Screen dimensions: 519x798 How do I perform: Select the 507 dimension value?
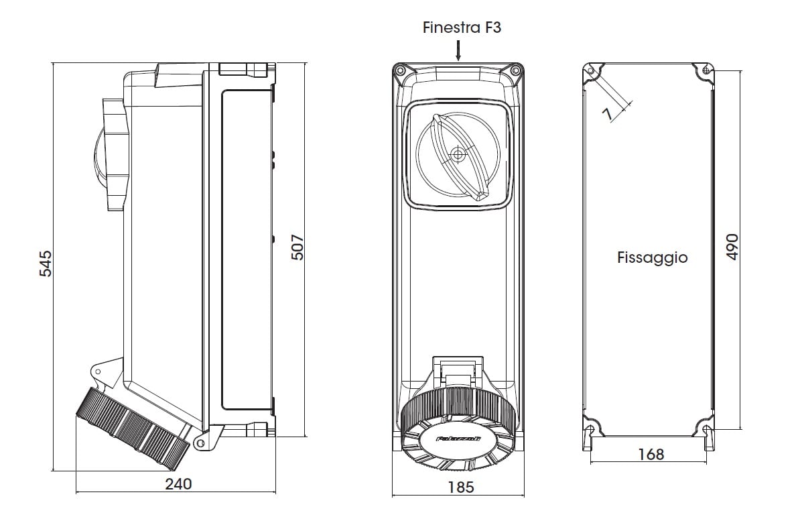point(297,247)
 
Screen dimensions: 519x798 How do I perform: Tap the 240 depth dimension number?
point(178,484)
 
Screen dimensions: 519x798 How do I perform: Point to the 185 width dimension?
point(460,487)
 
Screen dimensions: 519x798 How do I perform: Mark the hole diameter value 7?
point(608,115)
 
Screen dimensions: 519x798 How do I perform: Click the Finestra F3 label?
point(462,27)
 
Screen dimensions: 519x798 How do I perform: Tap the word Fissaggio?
point(652,257)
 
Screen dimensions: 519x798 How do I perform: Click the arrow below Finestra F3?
point(458,50)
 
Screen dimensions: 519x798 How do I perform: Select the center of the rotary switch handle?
point(458,155)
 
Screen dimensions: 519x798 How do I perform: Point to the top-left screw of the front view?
point(400,70)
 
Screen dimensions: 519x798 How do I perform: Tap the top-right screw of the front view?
point(515,70)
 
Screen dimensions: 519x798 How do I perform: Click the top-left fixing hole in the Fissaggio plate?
point(590,71)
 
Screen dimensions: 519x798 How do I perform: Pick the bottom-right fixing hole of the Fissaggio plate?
point(708,429)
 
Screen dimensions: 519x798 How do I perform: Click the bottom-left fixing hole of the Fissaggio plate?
point(590,429)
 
